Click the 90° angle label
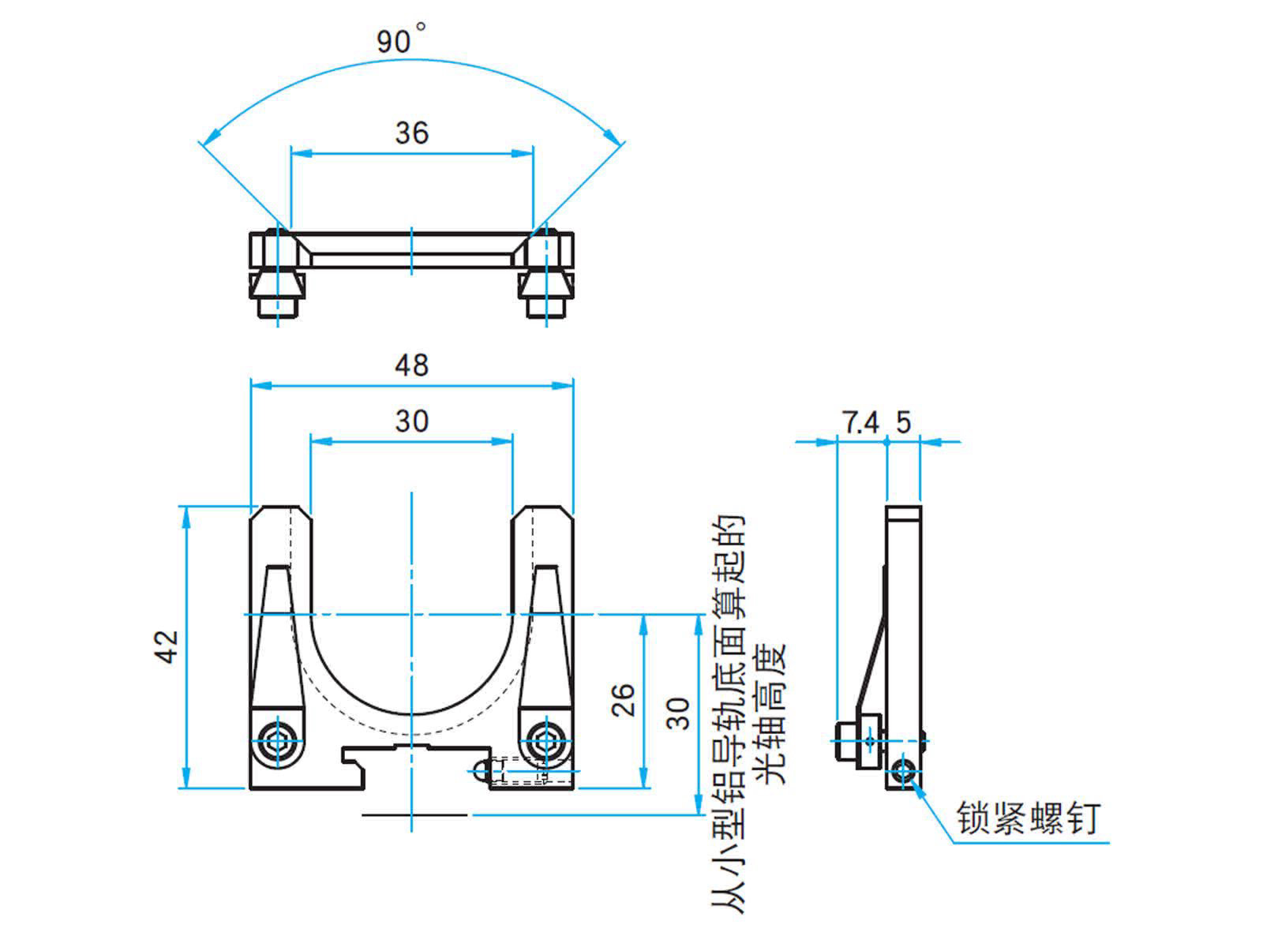click(400, 39)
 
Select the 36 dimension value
click(411, 133)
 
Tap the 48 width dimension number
click(411, 365)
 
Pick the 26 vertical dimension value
click(624, 699)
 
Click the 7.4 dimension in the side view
click(860, 423)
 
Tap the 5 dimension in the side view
click(903, 423)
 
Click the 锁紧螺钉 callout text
click(1028, 818)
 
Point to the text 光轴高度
click(772, 714)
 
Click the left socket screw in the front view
click(276, 741)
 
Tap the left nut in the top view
click(276, 292)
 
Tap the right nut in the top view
click(545, 292)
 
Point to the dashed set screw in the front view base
click(517, 771)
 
